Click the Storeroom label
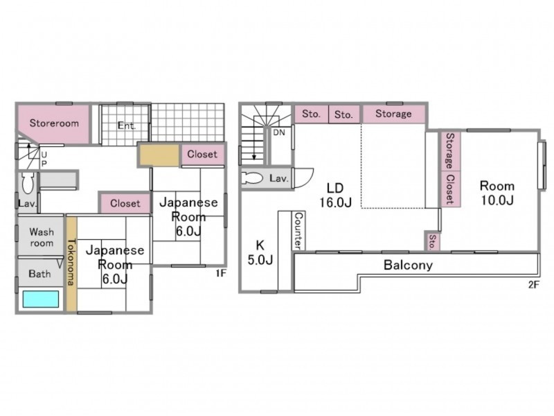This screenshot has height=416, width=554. point(54,123)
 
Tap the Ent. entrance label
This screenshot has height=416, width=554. point(127,125)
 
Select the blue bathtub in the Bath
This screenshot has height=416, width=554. point(41,300)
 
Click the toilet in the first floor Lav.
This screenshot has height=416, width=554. point(28,182)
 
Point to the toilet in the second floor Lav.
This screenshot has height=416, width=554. point(252,178)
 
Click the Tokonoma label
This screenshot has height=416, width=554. point(71,262)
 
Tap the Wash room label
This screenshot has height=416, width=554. point(42,237)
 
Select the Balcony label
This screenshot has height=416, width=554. point(408,265)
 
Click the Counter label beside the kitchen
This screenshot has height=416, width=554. point(298,231)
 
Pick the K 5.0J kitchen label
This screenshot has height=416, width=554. point(260,252)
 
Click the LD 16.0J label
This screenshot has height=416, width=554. point(335,195)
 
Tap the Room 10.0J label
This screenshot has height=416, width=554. point(497,193)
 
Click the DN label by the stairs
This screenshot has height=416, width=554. point(279,132)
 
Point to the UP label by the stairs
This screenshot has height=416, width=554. point(44,159)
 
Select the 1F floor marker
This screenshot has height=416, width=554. point(221,273)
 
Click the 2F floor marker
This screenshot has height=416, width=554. point(534,284)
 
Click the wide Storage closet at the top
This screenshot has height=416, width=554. point(393,114)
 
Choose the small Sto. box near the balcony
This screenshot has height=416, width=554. point(432,242)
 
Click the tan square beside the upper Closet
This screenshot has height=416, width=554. point(159,155)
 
